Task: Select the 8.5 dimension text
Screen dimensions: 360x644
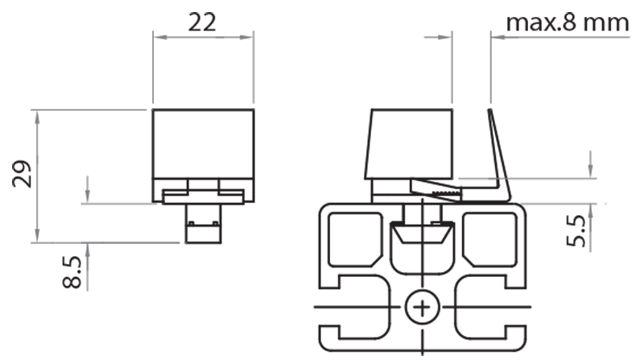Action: pyautogui.click(x=72, y=272)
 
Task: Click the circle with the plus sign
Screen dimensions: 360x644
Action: pyautogui.click(x=420, y=307)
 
